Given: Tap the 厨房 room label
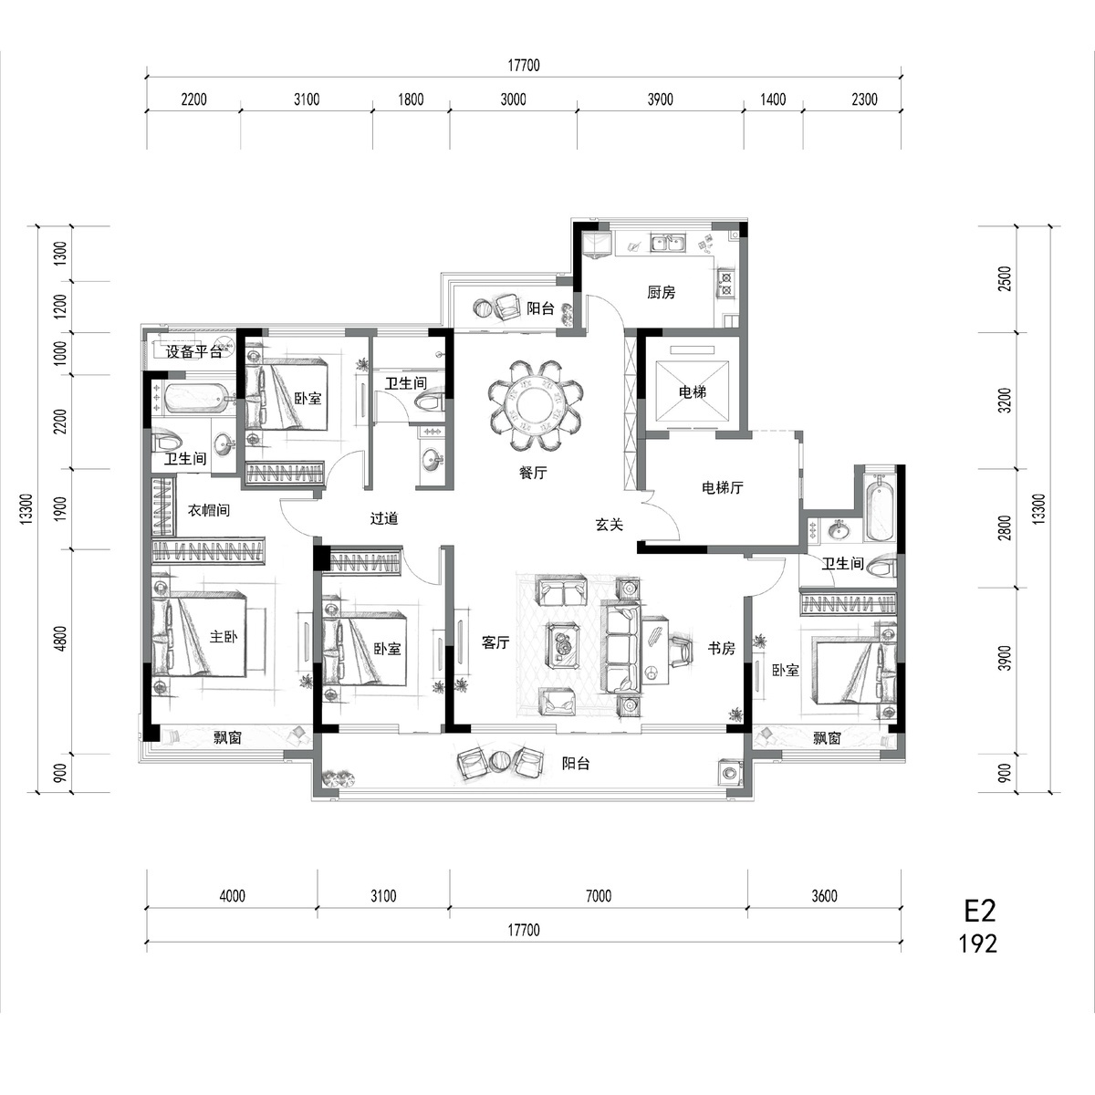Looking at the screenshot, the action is click(661, 292).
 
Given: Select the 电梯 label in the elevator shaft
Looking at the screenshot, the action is click(692, 391).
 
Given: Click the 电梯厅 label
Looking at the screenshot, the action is click(722, 487).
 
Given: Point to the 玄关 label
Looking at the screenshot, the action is click(610, 524).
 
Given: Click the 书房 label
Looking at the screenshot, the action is click(722, 648).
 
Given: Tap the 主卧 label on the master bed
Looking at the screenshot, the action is click(224, 636).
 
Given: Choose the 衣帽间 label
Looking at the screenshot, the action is click(209, 510).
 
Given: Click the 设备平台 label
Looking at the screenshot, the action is click(193, 351).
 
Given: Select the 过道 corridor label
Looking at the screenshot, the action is click(384, 518).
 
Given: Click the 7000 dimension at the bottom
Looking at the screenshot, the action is click(599, 896).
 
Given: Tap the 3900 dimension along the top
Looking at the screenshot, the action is click(661, 99).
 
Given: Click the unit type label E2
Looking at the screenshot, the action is click(980, 911).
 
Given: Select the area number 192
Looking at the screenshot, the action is click(978, 944).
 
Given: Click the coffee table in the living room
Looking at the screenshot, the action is click(563, 646).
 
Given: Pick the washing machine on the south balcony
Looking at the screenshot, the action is click(729, 773).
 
